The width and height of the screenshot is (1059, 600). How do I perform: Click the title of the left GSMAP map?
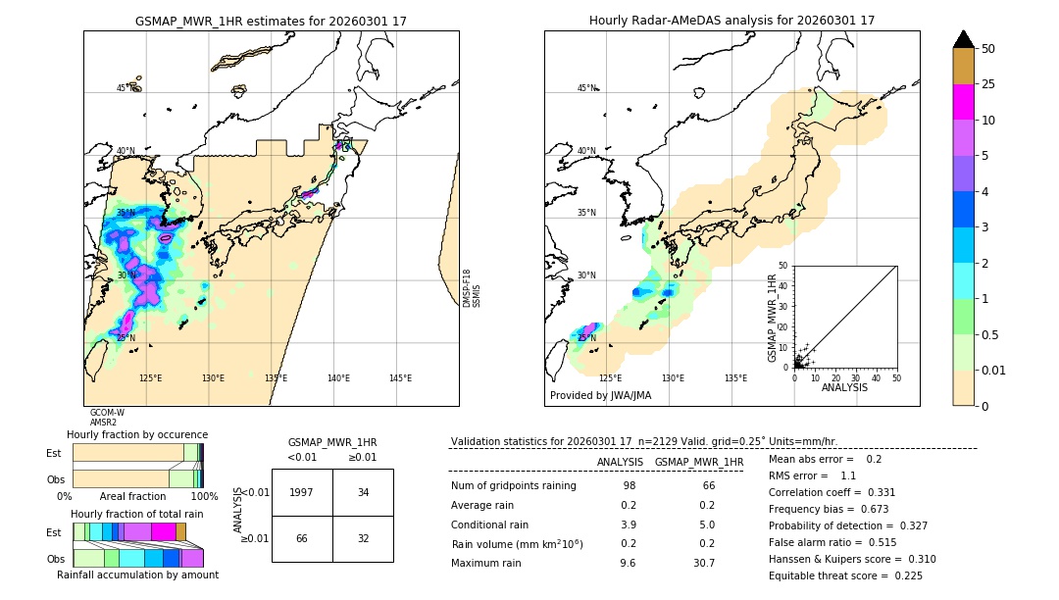point(271,21)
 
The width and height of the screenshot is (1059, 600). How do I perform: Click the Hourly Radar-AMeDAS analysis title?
point(731,21)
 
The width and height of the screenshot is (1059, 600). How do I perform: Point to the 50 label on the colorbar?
point(988,49)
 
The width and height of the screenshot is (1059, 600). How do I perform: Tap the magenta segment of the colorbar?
point(963,102)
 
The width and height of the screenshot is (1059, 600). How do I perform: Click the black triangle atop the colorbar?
point(963,39)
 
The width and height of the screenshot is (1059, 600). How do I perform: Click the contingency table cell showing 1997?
point(302,492)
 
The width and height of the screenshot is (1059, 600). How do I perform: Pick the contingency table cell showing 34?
point(363,492)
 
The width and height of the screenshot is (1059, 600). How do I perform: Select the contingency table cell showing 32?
point(363,538)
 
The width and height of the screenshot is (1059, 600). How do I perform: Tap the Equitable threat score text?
point(845,575)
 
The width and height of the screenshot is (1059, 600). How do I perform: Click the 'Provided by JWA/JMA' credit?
point(600,395)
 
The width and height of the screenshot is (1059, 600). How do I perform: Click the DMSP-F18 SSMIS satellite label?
point(472,287)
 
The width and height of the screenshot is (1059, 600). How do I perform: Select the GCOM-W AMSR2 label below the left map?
point(107,418)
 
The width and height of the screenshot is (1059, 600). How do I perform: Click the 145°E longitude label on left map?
point(400,378)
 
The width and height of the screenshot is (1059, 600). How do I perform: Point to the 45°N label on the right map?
point(586,88)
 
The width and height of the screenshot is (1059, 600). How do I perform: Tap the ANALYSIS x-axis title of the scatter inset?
point(844,387)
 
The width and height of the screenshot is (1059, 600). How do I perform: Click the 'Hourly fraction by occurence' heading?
point(137,434)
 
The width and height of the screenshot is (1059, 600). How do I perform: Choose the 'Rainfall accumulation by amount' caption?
point(137,575)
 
